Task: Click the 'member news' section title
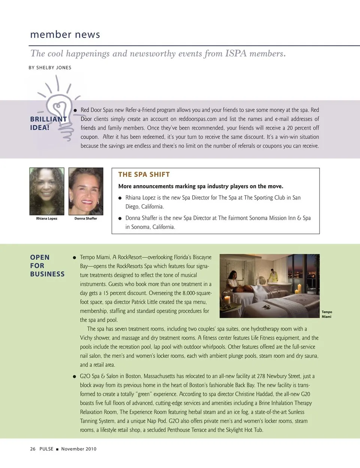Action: [65, 35]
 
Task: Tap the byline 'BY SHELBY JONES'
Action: [50, 68]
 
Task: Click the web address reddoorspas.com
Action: [198, 119]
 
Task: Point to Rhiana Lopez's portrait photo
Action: [47, 191]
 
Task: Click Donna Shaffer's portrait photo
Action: [86, 191]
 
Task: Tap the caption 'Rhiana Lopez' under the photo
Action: [47, 218]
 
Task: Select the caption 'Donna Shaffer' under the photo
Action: [86, 218]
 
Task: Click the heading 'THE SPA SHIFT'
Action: [144, 175]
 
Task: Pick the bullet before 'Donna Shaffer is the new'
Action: [120, 218]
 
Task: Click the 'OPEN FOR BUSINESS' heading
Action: [47, 266]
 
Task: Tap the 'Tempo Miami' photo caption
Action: [327, 314]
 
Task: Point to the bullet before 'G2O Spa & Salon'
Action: [75, 376]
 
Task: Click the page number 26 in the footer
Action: [33, 449]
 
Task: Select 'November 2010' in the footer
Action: [79, 449]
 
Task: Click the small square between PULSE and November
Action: [57, 449]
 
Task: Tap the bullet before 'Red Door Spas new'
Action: [75, 110]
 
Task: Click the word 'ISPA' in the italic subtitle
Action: [236, 54]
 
